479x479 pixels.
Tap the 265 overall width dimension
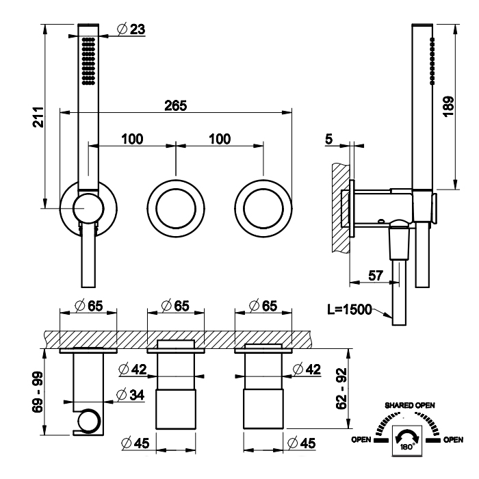tap(176, 105)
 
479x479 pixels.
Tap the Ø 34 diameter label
tap(131, 395)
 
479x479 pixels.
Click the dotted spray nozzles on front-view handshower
tap(88, 62)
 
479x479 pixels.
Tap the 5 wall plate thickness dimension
tap(329, 140)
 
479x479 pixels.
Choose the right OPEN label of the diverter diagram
tap(453, 439)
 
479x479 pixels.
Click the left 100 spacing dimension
tap(133, 140)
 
